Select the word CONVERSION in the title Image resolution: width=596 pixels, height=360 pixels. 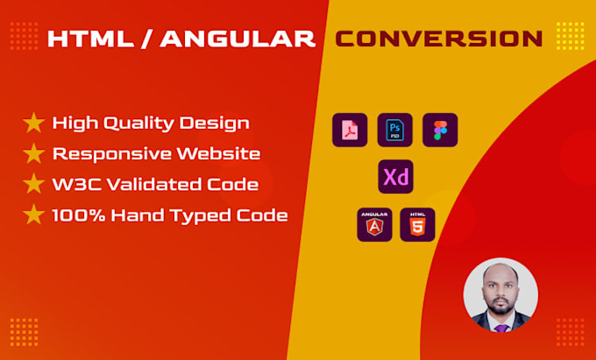pos(439,39)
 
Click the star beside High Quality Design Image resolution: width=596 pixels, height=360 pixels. pos(34,124)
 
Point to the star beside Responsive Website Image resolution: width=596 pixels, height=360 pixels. pos(34,154)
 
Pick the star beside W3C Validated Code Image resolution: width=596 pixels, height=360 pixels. pos(34,185)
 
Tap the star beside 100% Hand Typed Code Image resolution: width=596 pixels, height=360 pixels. pos(34,215)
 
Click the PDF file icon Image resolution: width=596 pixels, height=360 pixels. pos(350,131)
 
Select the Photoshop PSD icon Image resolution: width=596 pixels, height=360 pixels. pos(394,131)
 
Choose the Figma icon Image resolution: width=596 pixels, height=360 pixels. pos(439,131)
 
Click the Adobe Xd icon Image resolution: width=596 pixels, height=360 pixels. pos(395,177)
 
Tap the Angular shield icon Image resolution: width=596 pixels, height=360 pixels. pos(374,224)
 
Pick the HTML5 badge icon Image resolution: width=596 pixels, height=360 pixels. pos(417,224)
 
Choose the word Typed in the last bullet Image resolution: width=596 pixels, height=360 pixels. pos(202,215)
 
